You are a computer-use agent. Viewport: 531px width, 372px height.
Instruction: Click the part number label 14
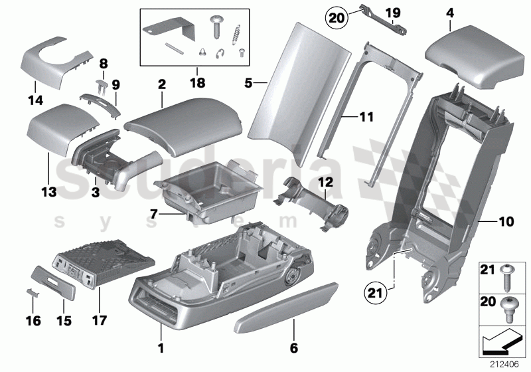[x=35, y=101]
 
